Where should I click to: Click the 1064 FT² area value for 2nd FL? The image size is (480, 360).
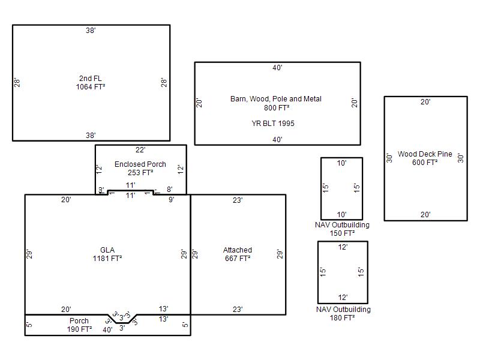coord(91,87)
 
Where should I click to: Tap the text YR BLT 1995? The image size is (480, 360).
coord(273,124)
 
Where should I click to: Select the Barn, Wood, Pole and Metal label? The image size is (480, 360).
coord(276,99)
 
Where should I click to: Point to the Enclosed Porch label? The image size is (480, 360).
coord(140,164)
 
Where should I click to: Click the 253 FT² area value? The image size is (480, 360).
coord(140,173)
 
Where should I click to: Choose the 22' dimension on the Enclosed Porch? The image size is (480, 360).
coord(140,149)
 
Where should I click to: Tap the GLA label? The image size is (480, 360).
coord(107,250)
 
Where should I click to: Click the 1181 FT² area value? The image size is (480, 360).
coord(107,259)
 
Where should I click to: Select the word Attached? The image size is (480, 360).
coord(238,250)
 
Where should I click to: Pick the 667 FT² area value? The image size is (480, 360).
coord(238,259)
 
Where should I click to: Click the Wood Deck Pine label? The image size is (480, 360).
coord(425,154)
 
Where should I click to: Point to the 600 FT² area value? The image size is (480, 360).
coord(425,163)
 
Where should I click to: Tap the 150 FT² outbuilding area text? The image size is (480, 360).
coord(342,233)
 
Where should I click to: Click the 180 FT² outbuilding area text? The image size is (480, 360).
coord(342,318)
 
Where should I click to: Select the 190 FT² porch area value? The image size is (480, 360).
coord(80,329)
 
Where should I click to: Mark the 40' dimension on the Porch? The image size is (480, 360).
coord(107,329)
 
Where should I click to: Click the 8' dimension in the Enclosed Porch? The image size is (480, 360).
coord(170,190)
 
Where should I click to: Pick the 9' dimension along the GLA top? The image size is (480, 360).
coord(172,200)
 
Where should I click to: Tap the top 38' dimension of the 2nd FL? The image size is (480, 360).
coord(91,31)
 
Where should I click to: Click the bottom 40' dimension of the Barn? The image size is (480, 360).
coord(277,140)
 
